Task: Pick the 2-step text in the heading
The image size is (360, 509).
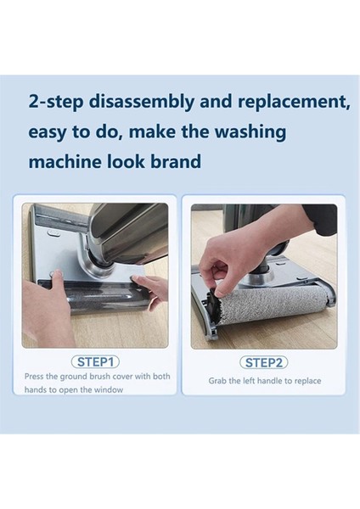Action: [56, 102]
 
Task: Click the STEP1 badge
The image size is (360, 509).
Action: [95, 361]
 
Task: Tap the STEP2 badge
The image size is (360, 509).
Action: [263, 362]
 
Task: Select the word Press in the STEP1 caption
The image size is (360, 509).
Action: [34, 377]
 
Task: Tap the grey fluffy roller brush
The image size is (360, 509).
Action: [273, 303]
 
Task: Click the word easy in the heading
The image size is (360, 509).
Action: [48, 133]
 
